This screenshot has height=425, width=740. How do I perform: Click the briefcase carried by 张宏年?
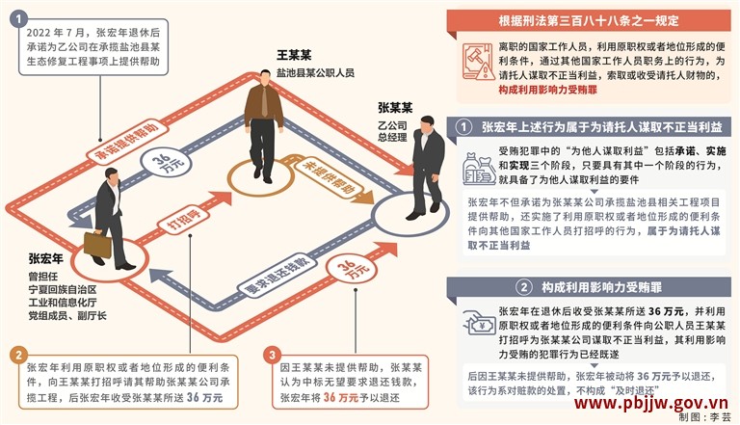97,244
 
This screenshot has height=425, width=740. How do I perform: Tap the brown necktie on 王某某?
264,100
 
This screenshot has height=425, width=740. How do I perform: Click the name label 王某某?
294,55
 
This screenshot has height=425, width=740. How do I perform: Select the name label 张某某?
395,108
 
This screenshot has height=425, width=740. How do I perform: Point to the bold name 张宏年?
46,259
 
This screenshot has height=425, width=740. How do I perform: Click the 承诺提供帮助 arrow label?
126,142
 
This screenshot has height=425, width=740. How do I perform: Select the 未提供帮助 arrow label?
329,176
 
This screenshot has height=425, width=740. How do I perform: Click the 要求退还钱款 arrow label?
276,276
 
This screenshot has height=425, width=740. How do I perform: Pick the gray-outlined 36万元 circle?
166,163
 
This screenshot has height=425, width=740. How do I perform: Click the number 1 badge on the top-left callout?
19,20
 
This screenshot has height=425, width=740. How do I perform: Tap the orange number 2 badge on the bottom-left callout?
18,355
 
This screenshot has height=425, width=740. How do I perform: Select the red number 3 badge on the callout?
273,355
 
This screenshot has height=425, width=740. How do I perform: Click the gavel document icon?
478,62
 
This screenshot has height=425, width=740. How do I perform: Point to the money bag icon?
479,168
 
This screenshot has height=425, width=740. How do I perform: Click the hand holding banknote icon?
478,323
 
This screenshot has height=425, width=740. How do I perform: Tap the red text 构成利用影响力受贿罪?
548,90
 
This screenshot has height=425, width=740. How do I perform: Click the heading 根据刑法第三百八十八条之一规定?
589,21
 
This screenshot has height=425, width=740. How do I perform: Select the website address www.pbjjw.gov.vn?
651,403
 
